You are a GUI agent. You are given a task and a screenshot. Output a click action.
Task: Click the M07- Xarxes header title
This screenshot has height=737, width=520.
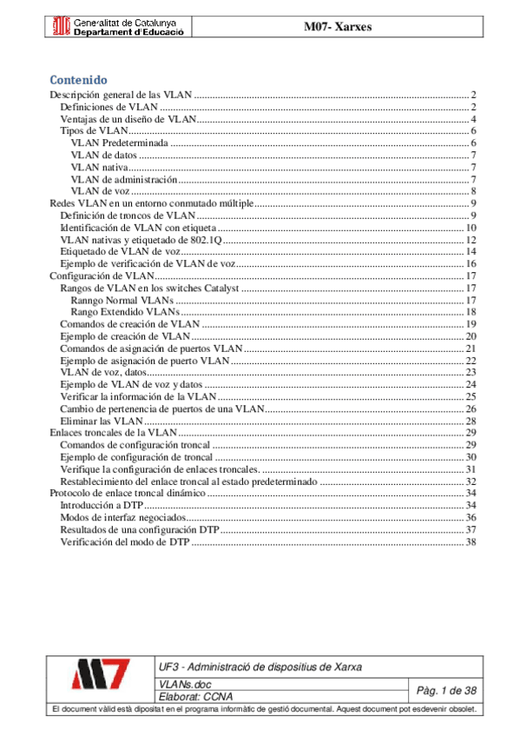coord(337,27)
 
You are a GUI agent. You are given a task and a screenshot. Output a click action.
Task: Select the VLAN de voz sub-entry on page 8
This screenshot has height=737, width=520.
coord(100,191)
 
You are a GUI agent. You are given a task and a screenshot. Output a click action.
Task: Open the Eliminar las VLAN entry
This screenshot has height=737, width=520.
coord(95,420)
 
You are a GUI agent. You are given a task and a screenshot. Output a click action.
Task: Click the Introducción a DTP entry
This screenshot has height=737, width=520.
coord(101,505)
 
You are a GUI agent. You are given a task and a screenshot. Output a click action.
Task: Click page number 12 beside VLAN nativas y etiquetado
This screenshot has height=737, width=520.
coord(471,240)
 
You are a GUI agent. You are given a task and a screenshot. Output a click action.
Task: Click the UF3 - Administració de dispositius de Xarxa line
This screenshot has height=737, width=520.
coord(260,667)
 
